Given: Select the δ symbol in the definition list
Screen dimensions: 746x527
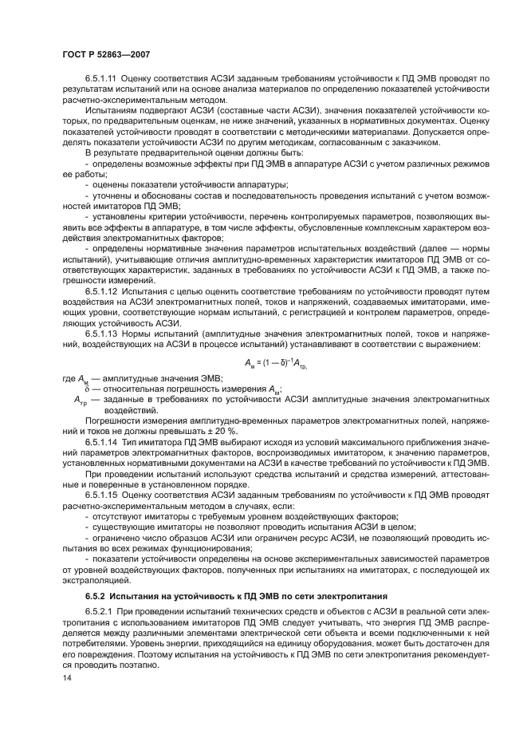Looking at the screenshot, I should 77,388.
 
